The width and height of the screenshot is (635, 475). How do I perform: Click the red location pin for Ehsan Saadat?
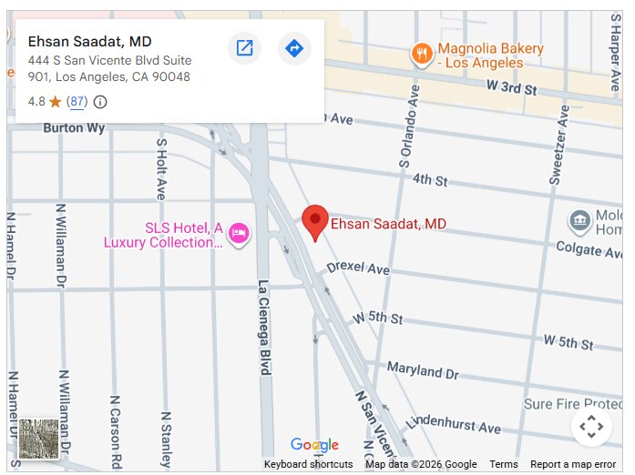click(x=315, y=220)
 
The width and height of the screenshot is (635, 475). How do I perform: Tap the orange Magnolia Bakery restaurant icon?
click(x=421, y=54)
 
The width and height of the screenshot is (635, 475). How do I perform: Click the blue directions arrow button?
click(x=293, y=48)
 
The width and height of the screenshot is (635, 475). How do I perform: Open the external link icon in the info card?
click(x=244, y=48)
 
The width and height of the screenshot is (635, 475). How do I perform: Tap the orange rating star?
click(x=55, y=102)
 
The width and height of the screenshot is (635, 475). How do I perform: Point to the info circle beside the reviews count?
click(x=100, y=102)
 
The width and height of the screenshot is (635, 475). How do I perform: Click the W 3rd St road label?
click(x=512, y=87)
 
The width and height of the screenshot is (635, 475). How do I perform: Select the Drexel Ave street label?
click(x=358, y=269)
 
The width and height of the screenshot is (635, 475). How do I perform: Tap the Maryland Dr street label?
click(x=423, y=370)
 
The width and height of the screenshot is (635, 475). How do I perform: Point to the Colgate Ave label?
click(x=591, y=248)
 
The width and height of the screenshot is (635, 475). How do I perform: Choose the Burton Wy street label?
click(x=74, y=128)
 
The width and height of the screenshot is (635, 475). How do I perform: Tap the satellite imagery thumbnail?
click(x=39, y=439)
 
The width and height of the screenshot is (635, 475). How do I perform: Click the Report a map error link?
click(x=573, y=464)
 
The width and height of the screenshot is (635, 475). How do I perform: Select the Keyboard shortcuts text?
click(x=308, y=464)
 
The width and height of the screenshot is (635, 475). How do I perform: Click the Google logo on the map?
click(x=314, y=445)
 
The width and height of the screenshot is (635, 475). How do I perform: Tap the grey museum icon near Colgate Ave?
click(x=579, y=220)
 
